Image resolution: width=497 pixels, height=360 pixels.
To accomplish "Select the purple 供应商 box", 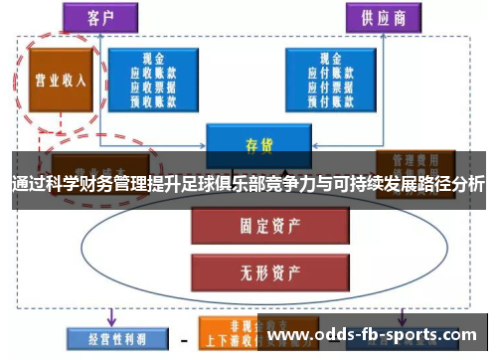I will click(376, 18).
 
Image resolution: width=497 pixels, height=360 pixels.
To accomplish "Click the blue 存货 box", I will click(259, 143).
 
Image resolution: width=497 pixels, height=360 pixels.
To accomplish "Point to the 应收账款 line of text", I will click(153, 74).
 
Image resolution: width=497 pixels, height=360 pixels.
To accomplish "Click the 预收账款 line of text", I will click(153, 98).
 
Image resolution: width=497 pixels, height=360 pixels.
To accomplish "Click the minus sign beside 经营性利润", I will click(183, 338).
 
